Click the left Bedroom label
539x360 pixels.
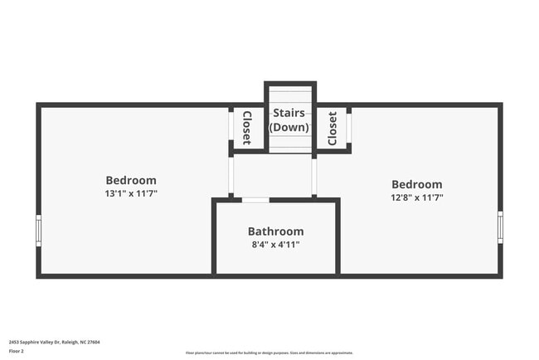[131, 180]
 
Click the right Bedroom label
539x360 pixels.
[417, 184]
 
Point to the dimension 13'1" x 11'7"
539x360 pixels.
[131, 193]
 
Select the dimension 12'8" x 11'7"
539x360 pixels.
[417, 197]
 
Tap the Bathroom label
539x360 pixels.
[276, 231]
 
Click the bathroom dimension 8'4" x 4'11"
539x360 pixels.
[276, 245]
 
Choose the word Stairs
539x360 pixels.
[289, 113]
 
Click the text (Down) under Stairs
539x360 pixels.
[289, 128]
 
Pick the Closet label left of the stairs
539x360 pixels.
[246, 128]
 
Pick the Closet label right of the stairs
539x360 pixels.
[333, 129]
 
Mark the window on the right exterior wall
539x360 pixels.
[500, 226]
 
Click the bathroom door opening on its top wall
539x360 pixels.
[255, 200]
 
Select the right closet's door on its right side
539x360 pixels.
[349, 127]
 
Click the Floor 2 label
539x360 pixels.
[17, 351]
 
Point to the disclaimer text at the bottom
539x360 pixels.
[269, 353]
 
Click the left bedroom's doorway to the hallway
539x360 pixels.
[231, 175]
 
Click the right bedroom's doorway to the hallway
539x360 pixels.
[314, 176]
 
